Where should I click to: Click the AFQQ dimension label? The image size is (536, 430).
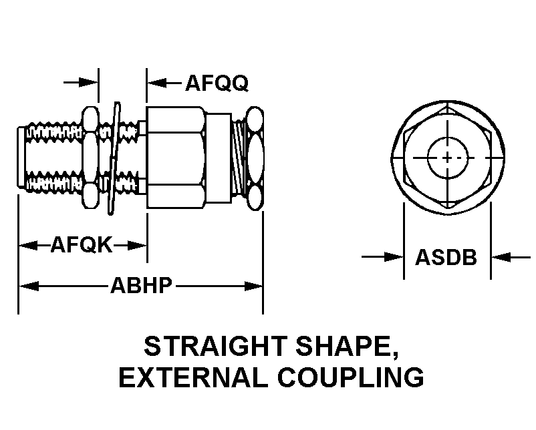coord(217,83)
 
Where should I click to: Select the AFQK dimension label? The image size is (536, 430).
coord(81,246)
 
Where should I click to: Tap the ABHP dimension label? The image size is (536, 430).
coord(142,286)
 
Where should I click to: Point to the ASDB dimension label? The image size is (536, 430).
coord(446,257)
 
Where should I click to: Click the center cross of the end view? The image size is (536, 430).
coord(446,158)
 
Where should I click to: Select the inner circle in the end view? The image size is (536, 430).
coord(446,144)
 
